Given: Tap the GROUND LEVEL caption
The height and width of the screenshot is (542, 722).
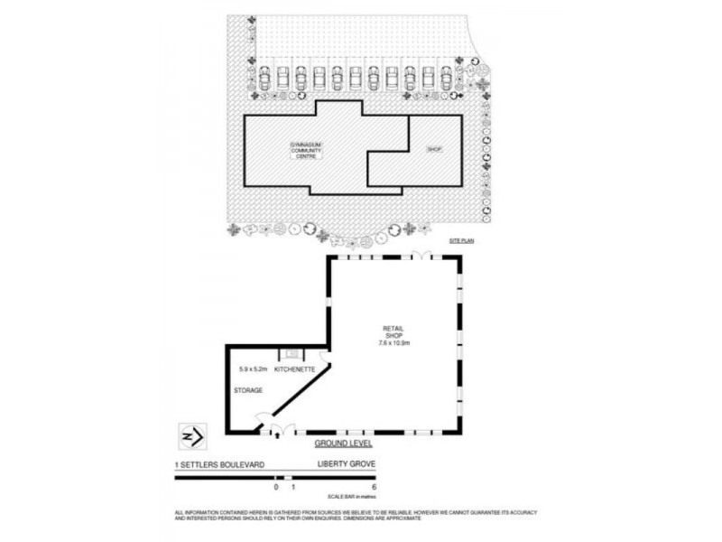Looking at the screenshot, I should point(343,444).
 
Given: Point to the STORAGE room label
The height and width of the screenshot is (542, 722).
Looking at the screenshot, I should point(248,390).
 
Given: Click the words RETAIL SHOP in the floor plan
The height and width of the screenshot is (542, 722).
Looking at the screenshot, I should point(393,332).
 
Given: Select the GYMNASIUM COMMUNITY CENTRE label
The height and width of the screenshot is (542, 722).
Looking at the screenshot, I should point(306,150).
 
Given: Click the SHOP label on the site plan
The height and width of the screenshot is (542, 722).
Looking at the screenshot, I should point(433,148).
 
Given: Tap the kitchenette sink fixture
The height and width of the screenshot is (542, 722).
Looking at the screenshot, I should point(292,355).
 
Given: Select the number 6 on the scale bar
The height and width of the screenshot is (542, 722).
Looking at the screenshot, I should point(373,487).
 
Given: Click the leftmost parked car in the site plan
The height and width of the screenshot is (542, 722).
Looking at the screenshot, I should point(264,79).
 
